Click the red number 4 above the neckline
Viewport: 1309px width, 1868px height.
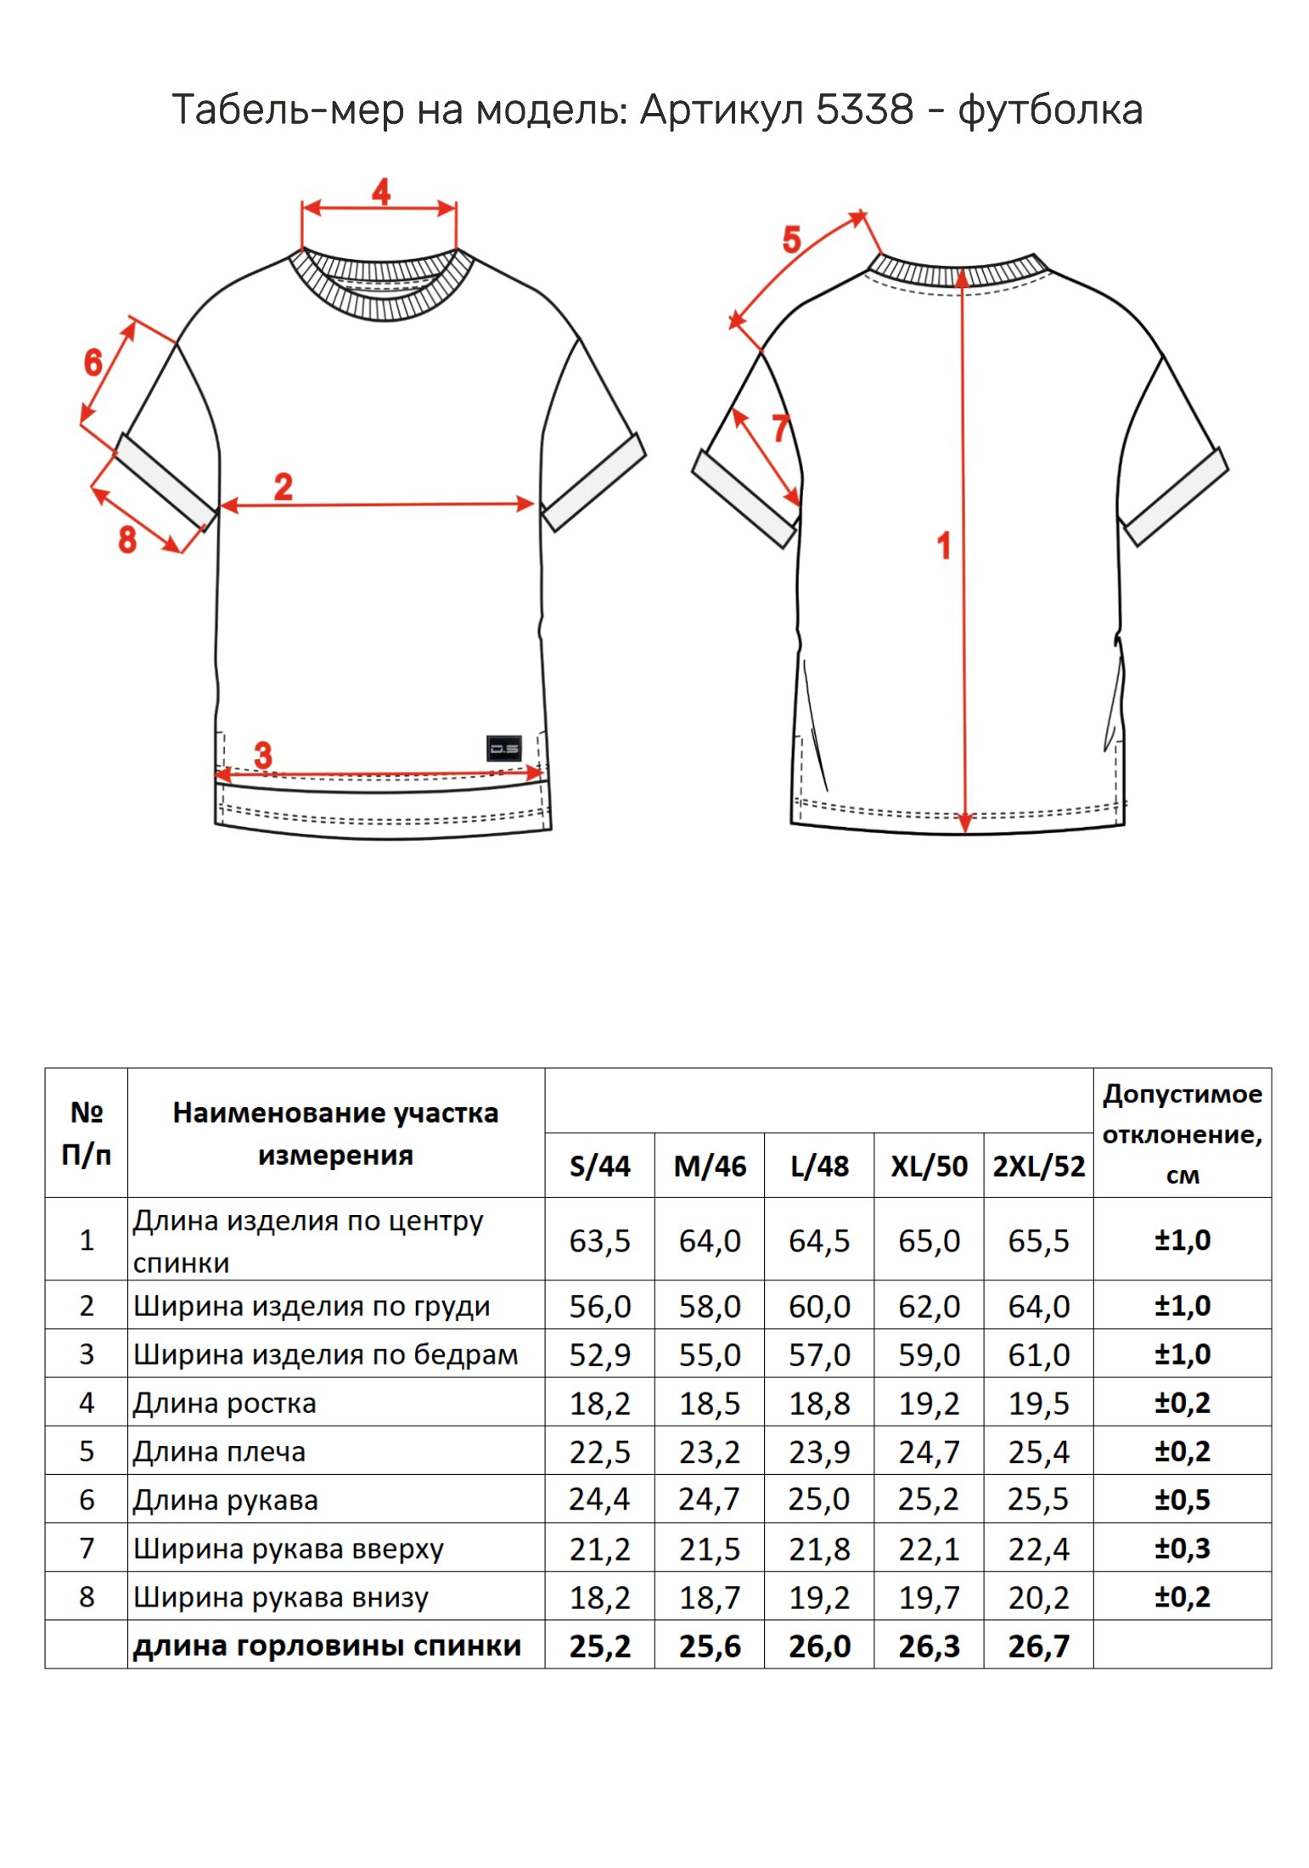(x=381, y=192)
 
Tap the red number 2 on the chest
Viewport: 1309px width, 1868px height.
(x=283, y=487)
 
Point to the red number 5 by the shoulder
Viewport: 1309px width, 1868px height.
(x=791, y=239)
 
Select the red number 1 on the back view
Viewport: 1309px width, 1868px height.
(x=944, y=545)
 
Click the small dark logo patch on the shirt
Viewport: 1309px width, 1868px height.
(x=503, y=748)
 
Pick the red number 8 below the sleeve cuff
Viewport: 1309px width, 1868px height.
(x=127, y=539)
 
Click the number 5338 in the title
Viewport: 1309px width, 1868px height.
(x=865, y=110)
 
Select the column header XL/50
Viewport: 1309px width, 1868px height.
(x=929, y=1166)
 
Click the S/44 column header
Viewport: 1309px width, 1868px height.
(x=599, y=1166)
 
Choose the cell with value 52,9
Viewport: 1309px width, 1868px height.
(x=599, y=1354)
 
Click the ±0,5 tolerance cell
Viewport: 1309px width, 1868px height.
(x=1182, y=1499)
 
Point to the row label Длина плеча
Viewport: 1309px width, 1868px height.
(x=219, y=1452)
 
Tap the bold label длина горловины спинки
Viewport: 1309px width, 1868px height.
(x=327, y=1646)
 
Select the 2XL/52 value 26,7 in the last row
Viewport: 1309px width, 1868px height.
(x=1038, y=1646)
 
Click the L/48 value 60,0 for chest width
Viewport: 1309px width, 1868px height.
(x=819, y=1306)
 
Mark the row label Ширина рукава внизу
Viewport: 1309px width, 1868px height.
(x=281, y=1597)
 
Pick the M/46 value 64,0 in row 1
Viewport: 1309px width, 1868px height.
(x=710, y=1241)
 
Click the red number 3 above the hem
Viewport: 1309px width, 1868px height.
(x=263, y=754)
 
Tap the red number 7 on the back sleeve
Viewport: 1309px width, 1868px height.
(x=781, y=428)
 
